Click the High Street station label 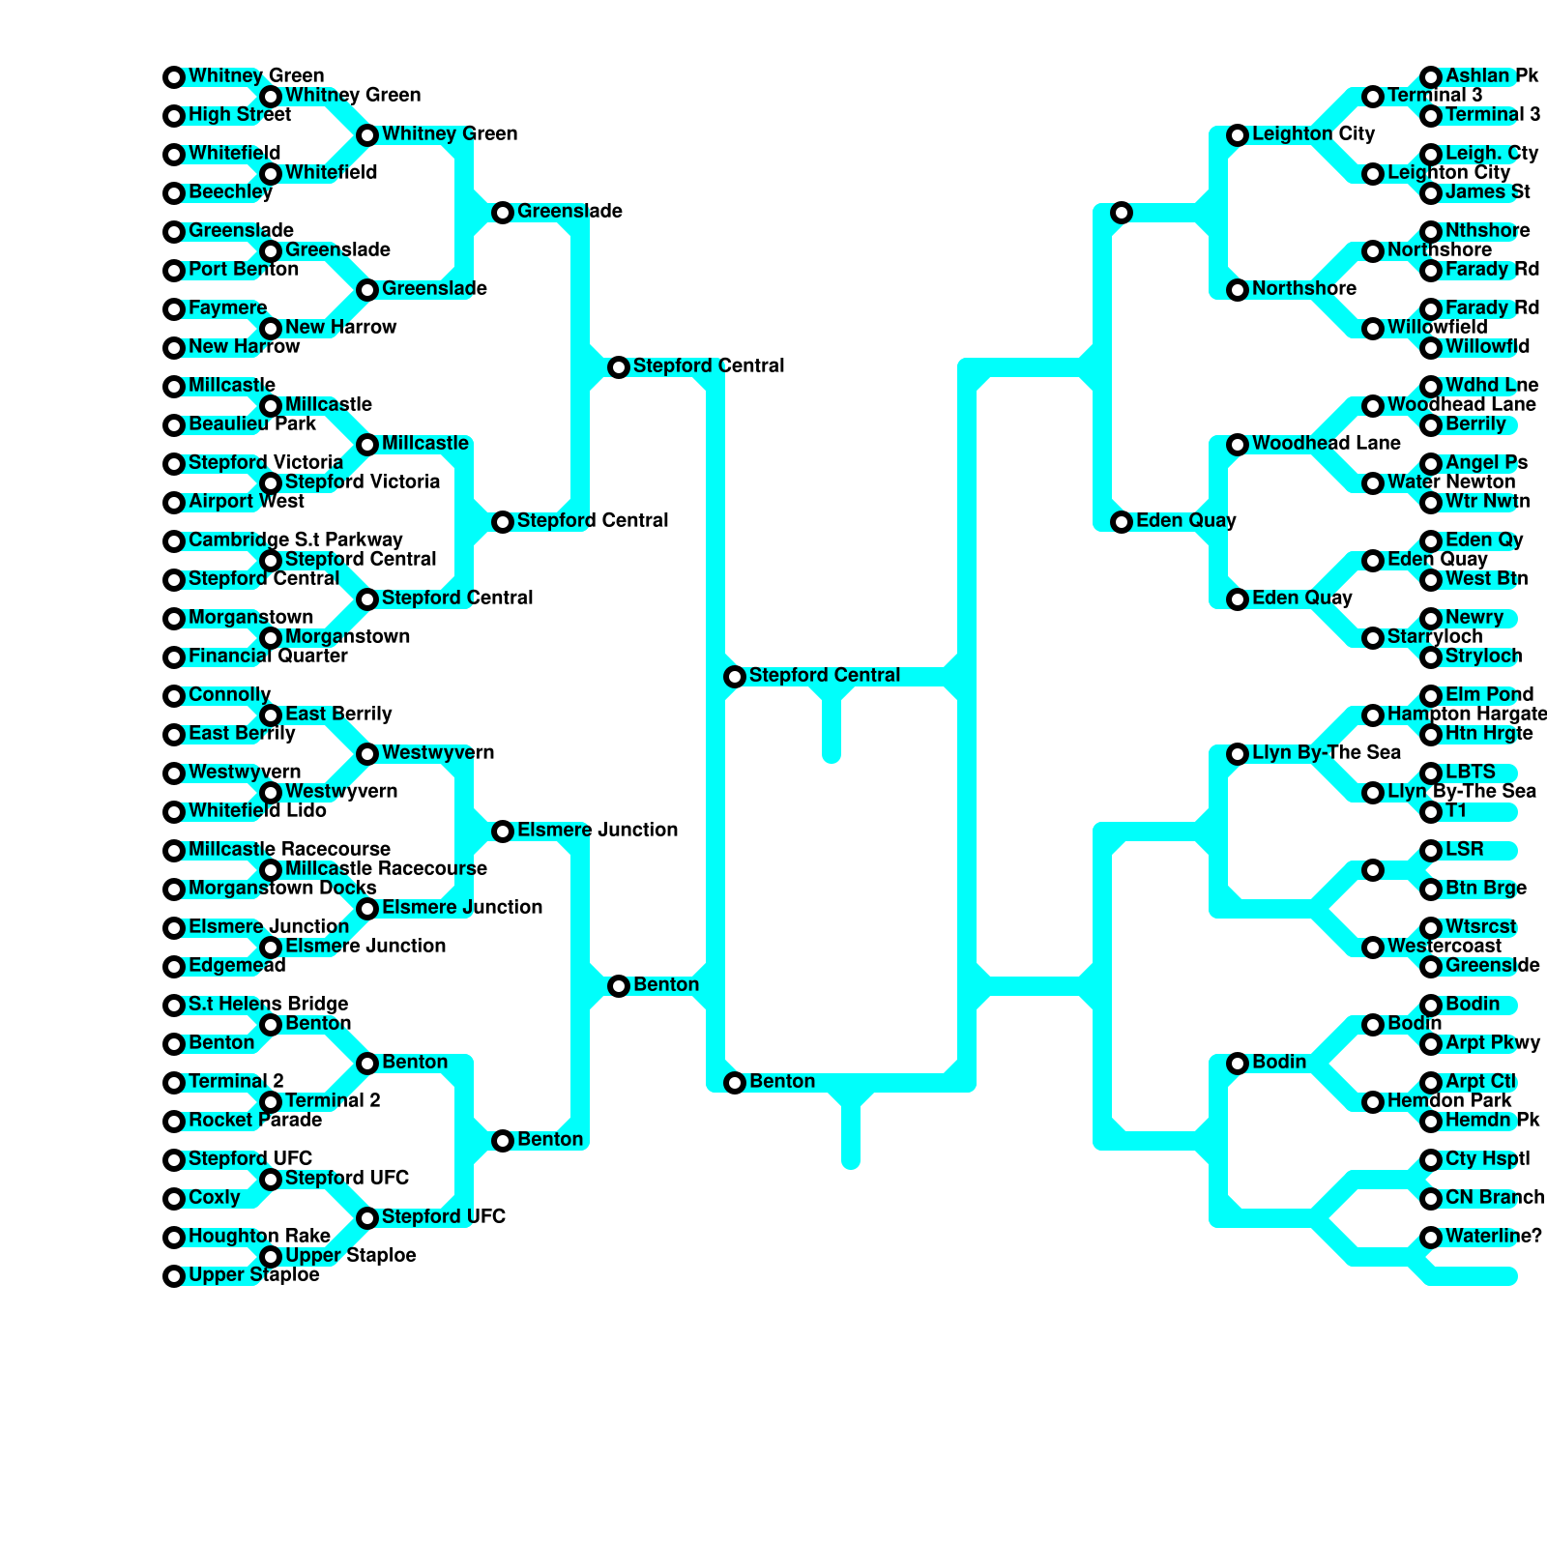pyautogui.click(x=239, y=115)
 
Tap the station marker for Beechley pyautogui.click(x=174, y=193)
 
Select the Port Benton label pyautogui.click(x=243, y=270)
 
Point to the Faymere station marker pyautogui.click(x=174, y=309)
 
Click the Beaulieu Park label pyautogui.click(x=251, y=424)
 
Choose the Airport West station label pyautogui.click(x=246, y=502)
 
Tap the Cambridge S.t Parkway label pyautogui.click(x=295, y=540)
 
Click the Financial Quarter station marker pyautogui.click(x=174, y=657)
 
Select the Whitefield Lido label pyautogui.click(x=257, y=811)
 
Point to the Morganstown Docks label pyautogui.click(x=281, y=889)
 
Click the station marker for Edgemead pyautogui.click(x=174, y=967)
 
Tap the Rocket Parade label pyautogui.click(x=254, y=1121)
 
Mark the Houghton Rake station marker pyautogui.click(x=174, y=1238)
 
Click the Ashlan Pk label pyautogui.click(x=1491, y=76)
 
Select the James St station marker pyautogui.click(x=1431, y=193)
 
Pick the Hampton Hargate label pyautogui.click(x=1466, y=715)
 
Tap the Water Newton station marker pyautogui.click(x=1373, y=483)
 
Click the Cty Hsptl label pyautogui.click(x=1487, y=1159)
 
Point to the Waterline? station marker pyautogui.click(x=1431, y=1238)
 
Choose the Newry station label pyautogui.click(x=1474, y=618)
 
